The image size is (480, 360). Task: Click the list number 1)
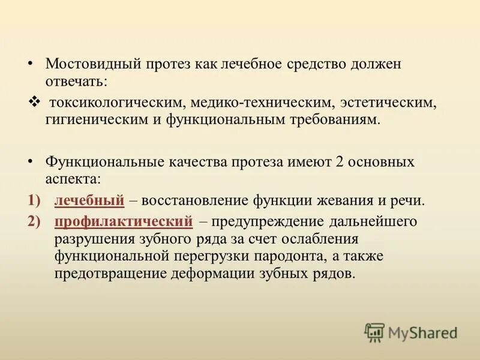click(34, 201)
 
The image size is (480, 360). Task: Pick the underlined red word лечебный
click(89, 201)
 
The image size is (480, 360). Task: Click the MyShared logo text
click(422, 332)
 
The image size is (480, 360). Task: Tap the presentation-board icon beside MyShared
click(375, 332)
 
